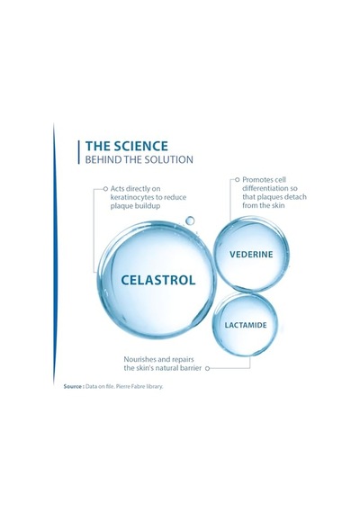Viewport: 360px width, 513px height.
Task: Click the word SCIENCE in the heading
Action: pyautogui.click(x=140, y=146)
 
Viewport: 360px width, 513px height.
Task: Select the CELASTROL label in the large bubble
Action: pyautogui.click(x=158, y=280)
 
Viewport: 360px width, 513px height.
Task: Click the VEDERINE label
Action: pyautogui.click(x=251, y=254)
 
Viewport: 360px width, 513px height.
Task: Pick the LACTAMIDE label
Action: pyautogui.click(x=246, y=325)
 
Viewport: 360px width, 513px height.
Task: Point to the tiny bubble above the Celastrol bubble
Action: pyautogui.click(x=190, y=220)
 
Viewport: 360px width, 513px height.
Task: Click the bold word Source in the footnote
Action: pyautogui.click(x=72, y=386)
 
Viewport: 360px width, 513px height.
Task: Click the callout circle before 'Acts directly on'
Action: pyautogui.click(x=105, y=189)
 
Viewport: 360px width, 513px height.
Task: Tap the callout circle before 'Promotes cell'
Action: pyautogui.click(x=238, y=180)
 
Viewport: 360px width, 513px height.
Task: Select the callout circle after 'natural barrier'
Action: pyautogui.click(x=207, y=368)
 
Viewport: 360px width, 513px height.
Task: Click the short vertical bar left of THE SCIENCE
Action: pyautogui.click(x=79, y=152)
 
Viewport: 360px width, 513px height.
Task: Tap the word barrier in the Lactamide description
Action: pyautogui.click(x=191, y=368)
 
